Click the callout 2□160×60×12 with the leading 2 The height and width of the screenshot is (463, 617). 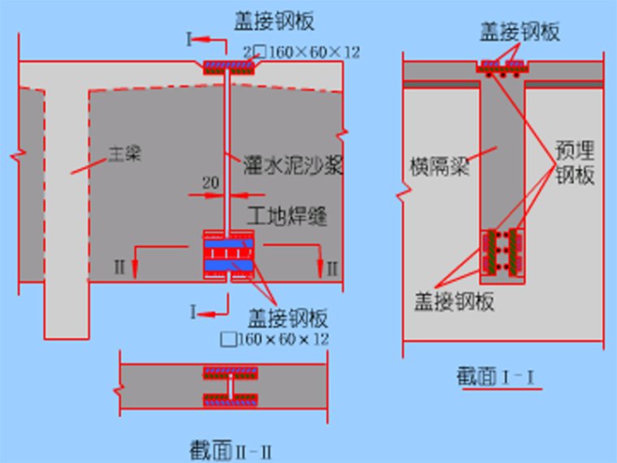(300, 52)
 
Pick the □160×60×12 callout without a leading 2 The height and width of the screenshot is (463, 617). (274, 339)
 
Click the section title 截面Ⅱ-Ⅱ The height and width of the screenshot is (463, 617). (235, 449)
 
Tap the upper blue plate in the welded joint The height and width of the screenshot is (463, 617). (229, 243)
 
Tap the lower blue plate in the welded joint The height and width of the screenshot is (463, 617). (229, 265)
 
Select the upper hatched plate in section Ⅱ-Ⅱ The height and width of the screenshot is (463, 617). (231, 373)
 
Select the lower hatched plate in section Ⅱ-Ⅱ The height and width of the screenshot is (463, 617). (231, 400)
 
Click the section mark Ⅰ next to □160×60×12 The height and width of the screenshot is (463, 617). (191, 311)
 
